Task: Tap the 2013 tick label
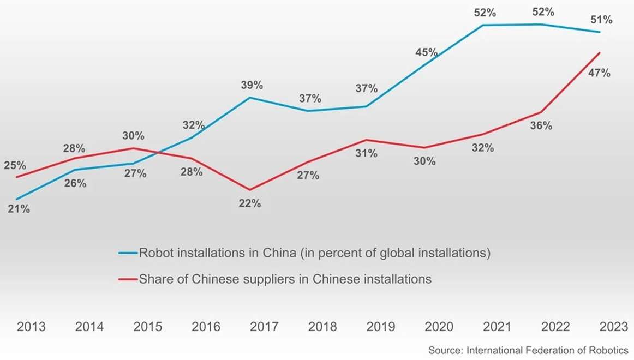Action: pos(31,327)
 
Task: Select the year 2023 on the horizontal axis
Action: pos(614,327)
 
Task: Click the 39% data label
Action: pos(252,85)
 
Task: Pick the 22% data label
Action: pos(249,203)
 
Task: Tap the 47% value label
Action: pos(599,73)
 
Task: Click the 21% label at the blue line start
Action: pos(19,209)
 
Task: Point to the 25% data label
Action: pos(14,165)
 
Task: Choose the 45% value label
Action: pos(426,52)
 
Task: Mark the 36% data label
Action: pos(541,125)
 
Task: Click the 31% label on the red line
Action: pos(366,153)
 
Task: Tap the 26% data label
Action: pos(75,183)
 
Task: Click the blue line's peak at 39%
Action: pos(249,98)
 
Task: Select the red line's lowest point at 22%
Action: pos(250,190)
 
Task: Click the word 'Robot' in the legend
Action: pos(155,253)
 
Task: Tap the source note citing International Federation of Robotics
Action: pos(528,350)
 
